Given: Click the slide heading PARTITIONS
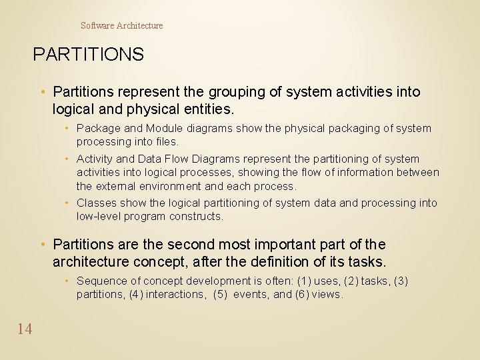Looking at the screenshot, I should (88, 54).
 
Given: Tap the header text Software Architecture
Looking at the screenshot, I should (121, 25).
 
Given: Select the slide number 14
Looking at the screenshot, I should (25, 328).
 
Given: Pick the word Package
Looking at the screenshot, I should (99, 128).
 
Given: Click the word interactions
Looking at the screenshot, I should (175, 294).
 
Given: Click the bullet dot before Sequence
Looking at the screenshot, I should (69, 281).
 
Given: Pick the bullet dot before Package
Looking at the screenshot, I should (69, 128).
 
